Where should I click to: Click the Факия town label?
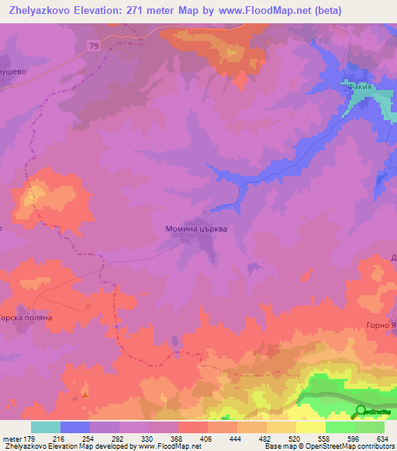pyautogui.click(x=361, y=88)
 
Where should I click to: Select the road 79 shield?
pyautogui.click(x=92, y=46)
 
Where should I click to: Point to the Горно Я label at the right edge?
pyautogui.click(x=381, y=325)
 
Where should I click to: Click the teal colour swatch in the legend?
pyautogui.click(x=45, y=427)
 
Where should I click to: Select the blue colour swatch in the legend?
pyautogui.click(x=74, y=427)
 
